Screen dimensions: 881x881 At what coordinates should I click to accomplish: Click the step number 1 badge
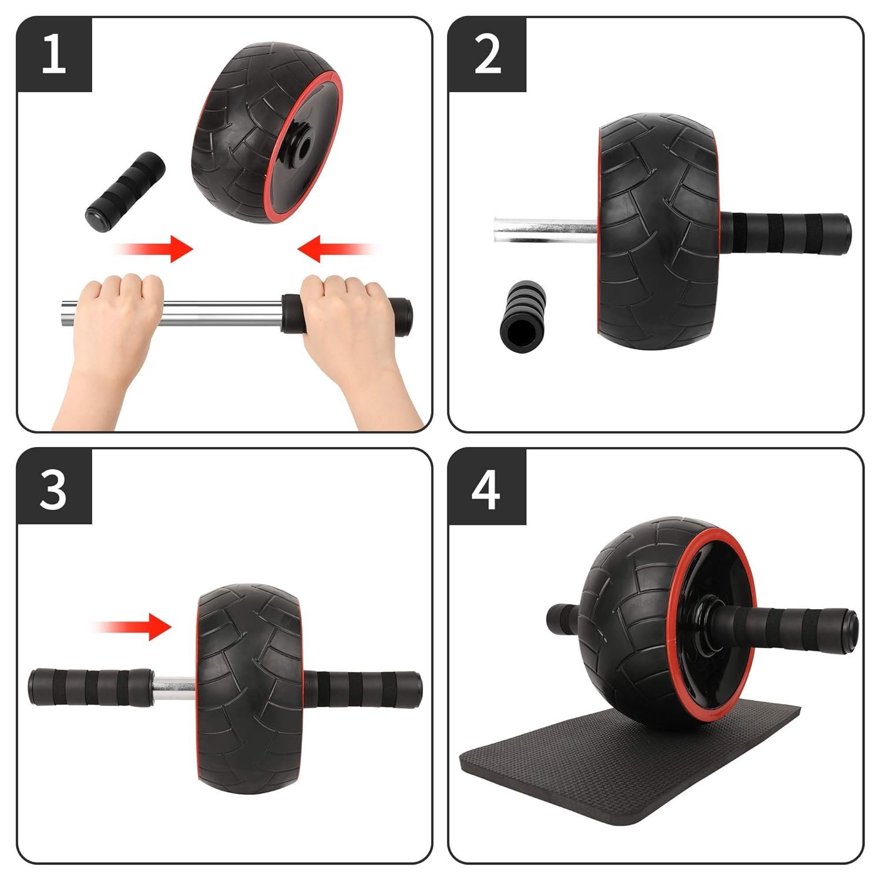tap(54, 54)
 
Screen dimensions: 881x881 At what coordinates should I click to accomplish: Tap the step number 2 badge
tap(487, 54)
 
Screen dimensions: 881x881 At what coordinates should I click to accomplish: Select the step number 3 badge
tap(54, 487)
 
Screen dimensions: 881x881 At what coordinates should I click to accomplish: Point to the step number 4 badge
tap(487, 487)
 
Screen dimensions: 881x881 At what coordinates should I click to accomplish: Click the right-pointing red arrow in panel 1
tap(154, 248)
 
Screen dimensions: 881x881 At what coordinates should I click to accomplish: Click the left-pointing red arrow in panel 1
tap(336, 248)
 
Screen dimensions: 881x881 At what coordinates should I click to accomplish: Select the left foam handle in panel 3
tap(91, 686)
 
